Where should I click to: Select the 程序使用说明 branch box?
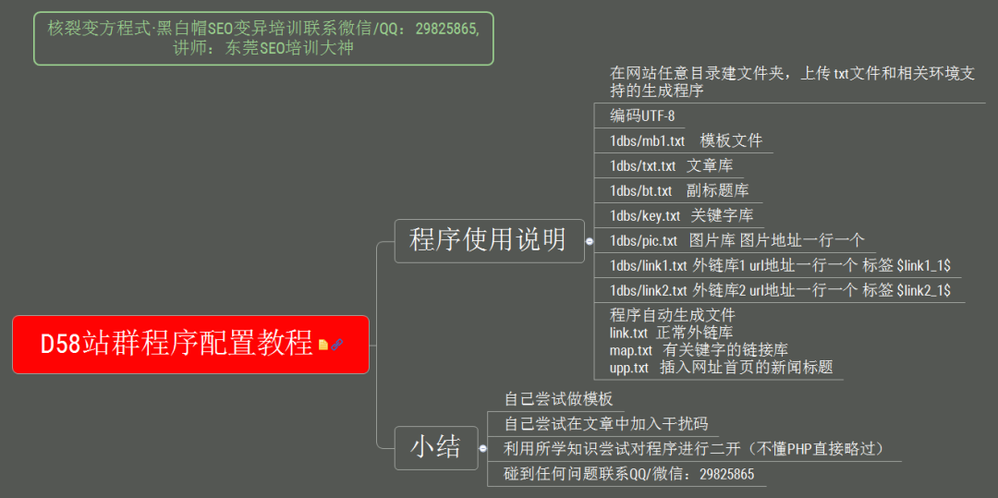488,240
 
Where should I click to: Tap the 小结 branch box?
436,448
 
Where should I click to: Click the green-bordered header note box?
263,38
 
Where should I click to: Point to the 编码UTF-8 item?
642,115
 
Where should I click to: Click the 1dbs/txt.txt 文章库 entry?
671,165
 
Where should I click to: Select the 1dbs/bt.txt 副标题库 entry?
679,190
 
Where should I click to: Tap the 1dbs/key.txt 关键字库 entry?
681,215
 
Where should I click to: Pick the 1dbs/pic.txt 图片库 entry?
736,240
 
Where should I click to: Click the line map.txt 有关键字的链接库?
699,350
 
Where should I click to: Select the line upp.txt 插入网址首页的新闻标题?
721,368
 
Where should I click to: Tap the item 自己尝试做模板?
558,399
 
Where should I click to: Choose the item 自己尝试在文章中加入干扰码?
605,424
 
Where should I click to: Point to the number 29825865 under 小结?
726,474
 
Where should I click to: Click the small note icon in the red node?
323,345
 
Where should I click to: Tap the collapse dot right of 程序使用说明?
590,240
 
